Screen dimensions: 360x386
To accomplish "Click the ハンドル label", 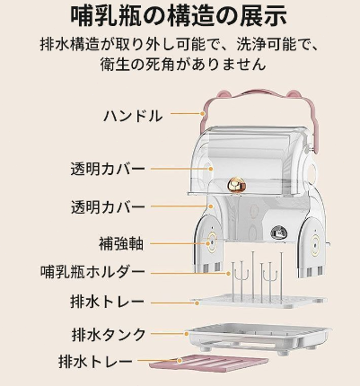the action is click(133, 116).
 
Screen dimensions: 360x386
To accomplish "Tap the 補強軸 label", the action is click(121, 243).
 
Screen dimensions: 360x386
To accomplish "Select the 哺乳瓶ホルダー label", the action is click(92, 272).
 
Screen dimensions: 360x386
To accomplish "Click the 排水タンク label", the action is click(109, 334).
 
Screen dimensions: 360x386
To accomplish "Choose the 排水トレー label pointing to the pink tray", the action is click(95, 362).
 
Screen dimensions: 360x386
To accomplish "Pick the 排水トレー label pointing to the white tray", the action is click(108, 302).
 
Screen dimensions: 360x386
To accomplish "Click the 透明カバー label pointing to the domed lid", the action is click(108, 169).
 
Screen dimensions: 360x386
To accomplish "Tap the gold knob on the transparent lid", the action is click(236, 186).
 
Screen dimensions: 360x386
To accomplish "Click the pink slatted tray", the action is click(208, 362).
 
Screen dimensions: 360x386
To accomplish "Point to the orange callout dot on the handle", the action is click(203, 113).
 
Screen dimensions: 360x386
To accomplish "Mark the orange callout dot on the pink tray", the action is click(180, 360).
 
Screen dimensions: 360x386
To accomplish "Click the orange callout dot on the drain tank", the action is click(187, 334).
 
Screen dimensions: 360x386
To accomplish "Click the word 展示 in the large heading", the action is click(264, 15).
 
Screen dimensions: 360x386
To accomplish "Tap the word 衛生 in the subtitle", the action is click(112, 64).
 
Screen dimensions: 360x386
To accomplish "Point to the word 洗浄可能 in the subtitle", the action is click(261, 45).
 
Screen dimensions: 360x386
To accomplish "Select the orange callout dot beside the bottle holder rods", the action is click(229, 273).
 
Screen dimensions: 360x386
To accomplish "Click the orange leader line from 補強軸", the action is click(179, 243).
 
